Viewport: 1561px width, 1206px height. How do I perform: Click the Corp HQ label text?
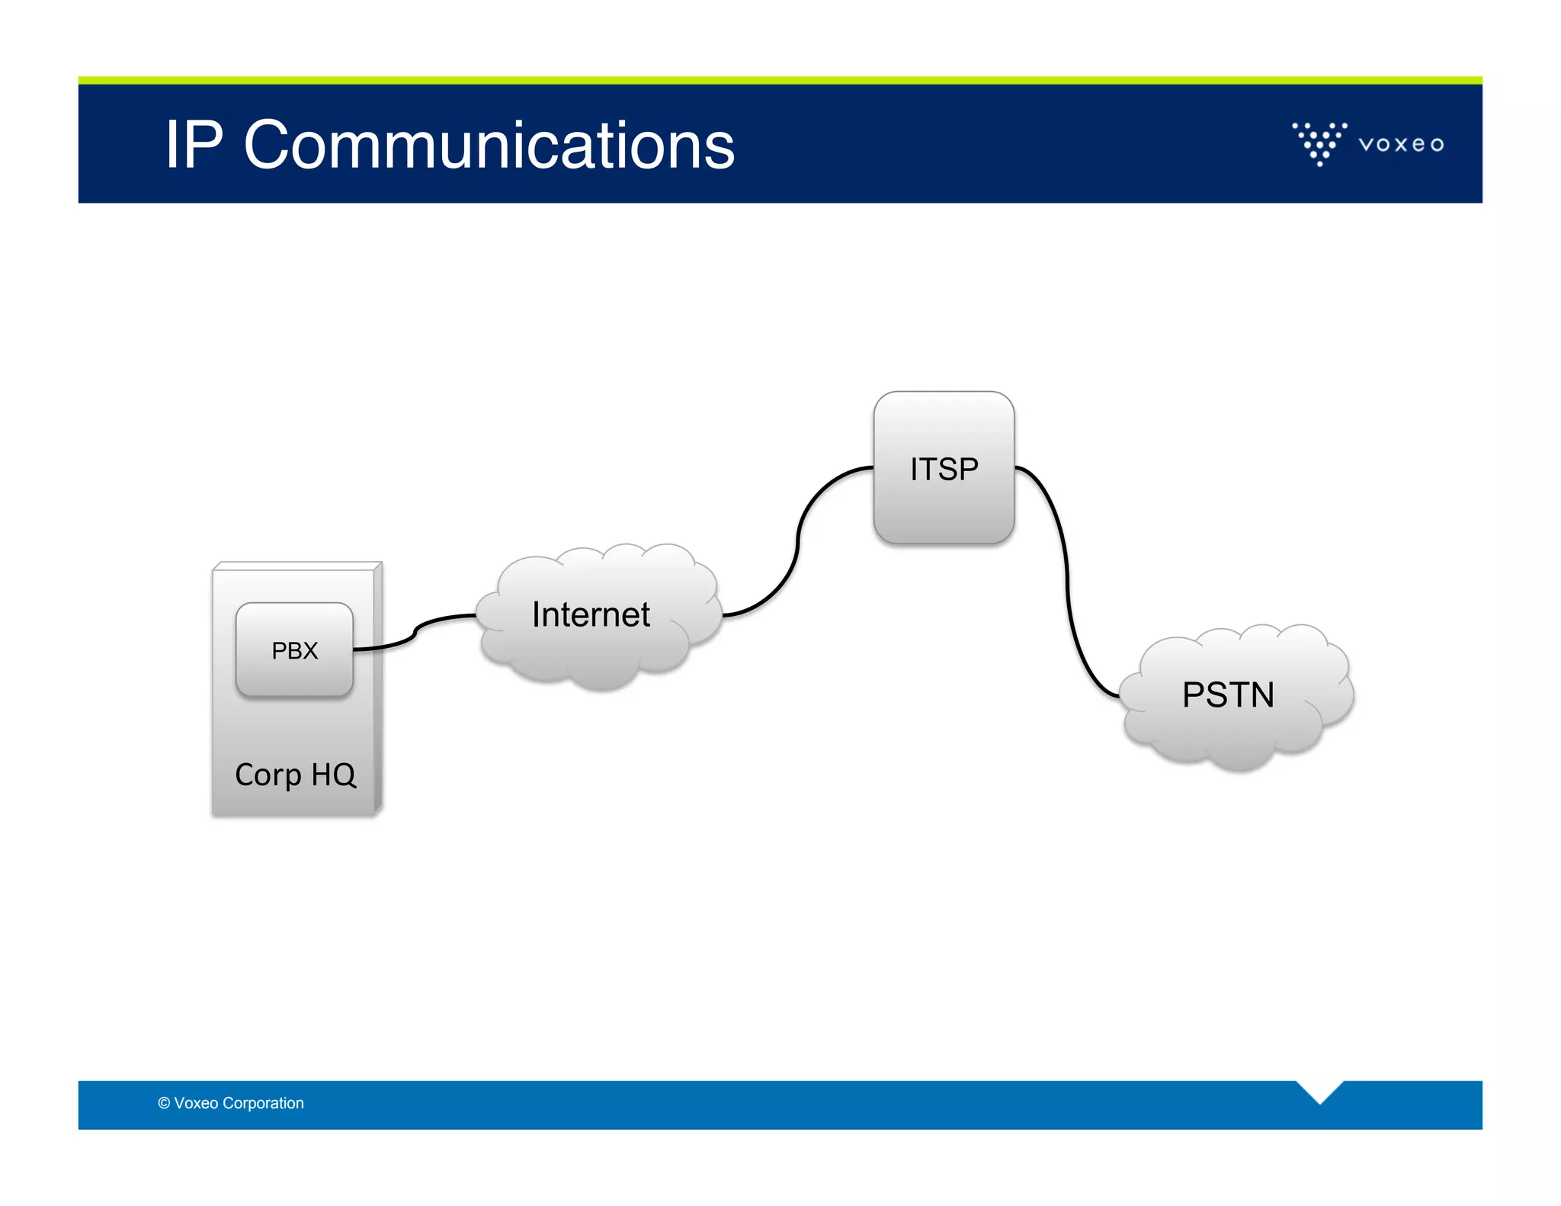tap(296, 775)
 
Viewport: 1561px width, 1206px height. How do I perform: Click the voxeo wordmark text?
tap(1401, 144)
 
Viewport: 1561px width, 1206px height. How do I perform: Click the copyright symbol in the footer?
tap(164, 1103)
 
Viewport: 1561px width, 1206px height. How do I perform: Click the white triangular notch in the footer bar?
tap(1319, 1090)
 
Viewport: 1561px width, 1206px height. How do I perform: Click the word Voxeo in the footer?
tap(196, 1103)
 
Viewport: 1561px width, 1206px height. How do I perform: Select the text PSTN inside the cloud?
tap(1228, 694)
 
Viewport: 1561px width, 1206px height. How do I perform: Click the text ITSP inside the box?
tap(944, 469)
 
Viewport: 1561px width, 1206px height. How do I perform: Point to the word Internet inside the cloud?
tap(591, 614)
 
